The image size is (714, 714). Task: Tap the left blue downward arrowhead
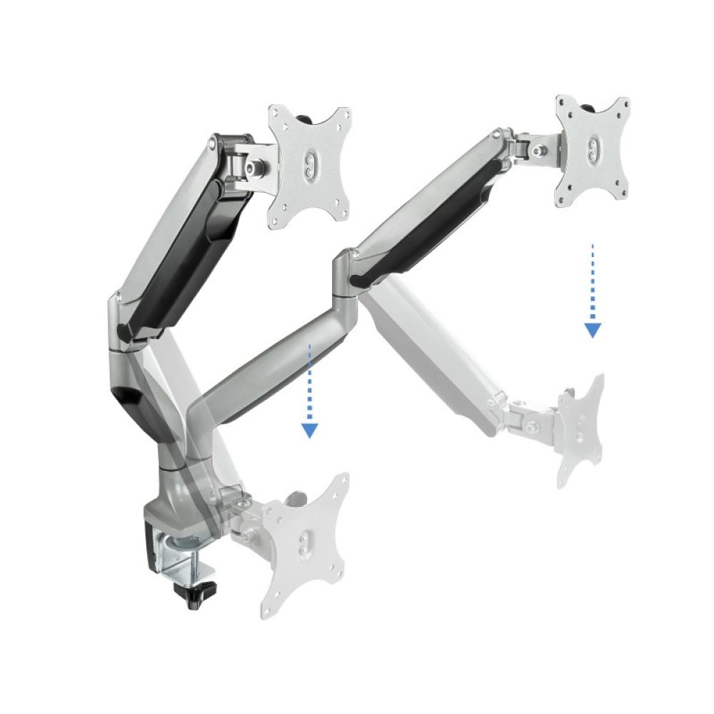(x=309, y=429)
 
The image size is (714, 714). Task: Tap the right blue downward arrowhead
(x=592, y=329)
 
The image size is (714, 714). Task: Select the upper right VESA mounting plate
(x=593, y=150)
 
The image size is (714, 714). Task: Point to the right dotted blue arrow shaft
(x=592, y=282)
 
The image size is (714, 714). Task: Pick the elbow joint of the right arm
(x=346, y=271)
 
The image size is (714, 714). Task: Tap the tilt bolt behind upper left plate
(x=253, y=165)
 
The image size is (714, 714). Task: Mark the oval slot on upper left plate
(x=308, y=164)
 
